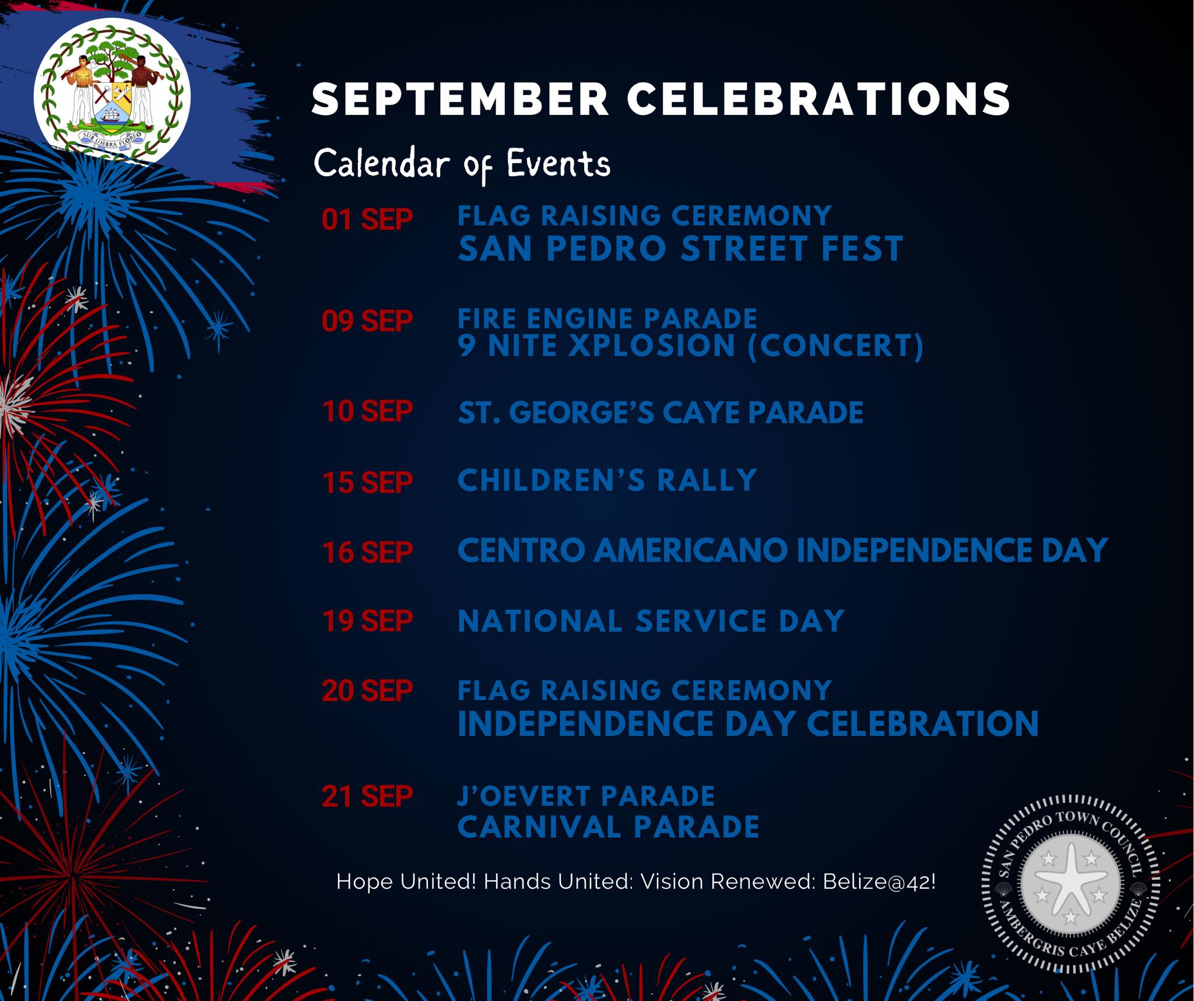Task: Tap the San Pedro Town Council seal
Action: pos(1070,883)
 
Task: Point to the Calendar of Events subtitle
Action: pos(462,164)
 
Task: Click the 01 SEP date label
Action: pos(367,220)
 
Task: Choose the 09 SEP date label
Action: pos(367,321)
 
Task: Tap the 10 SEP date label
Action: pos(367,411)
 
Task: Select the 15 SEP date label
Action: pos(367,482)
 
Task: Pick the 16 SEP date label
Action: pos(367,552)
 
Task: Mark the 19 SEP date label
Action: pos(367,621)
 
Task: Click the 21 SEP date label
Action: pos(367,796)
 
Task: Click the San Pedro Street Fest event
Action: pos(680,249)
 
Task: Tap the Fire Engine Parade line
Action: pos(607,319)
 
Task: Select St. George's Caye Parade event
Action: pos(661,412)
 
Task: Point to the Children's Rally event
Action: pos(607,481)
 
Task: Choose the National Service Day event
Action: pos(651,621)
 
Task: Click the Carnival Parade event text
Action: pos(609,827)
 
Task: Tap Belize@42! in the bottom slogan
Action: pos(879,881)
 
